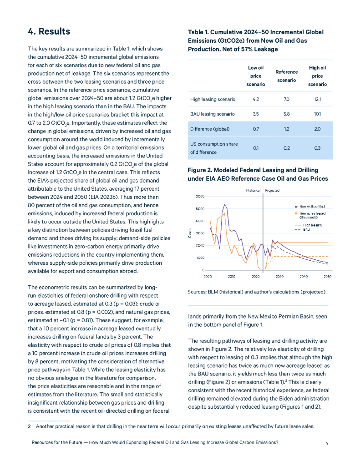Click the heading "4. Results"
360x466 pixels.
point(49,31)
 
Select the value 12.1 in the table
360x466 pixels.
point(317,99)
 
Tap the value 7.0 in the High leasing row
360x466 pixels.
point(286,99)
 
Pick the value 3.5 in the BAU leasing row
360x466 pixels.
point(256,114)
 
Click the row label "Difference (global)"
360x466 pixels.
point(210,129)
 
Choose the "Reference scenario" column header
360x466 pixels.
point(286,76)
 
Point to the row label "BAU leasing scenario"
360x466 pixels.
point(213,114)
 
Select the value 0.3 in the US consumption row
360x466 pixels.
point(317,148)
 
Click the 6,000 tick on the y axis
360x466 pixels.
point(200,197)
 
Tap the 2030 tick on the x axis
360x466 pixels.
point(279,276)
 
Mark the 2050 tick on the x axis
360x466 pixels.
point(327,276)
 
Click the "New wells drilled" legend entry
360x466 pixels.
point(312,206)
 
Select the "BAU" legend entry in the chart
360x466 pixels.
point(306,229)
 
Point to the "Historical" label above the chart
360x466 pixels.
point(253,190)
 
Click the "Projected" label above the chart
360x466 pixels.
point(272,190)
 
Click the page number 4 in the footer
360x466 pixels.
point(327,442)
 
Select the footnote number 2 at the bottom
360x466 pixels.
point(29,426)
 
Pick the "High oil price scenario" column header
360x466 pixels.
point(317,76)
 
